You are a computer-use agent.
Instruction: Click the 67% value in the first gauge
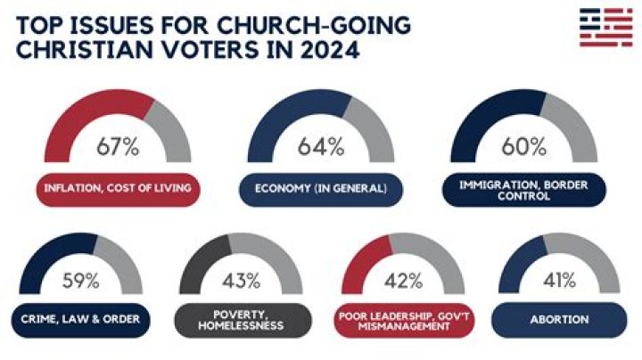point(119,146)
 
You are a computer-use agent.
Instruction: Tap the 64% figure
point(323,146)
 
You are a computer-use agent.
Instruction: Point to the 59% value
point(81,282)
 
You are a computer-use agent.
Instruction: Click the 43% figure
point(242,282)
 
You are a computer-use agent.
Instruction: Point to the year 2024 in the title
point(323,49)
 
